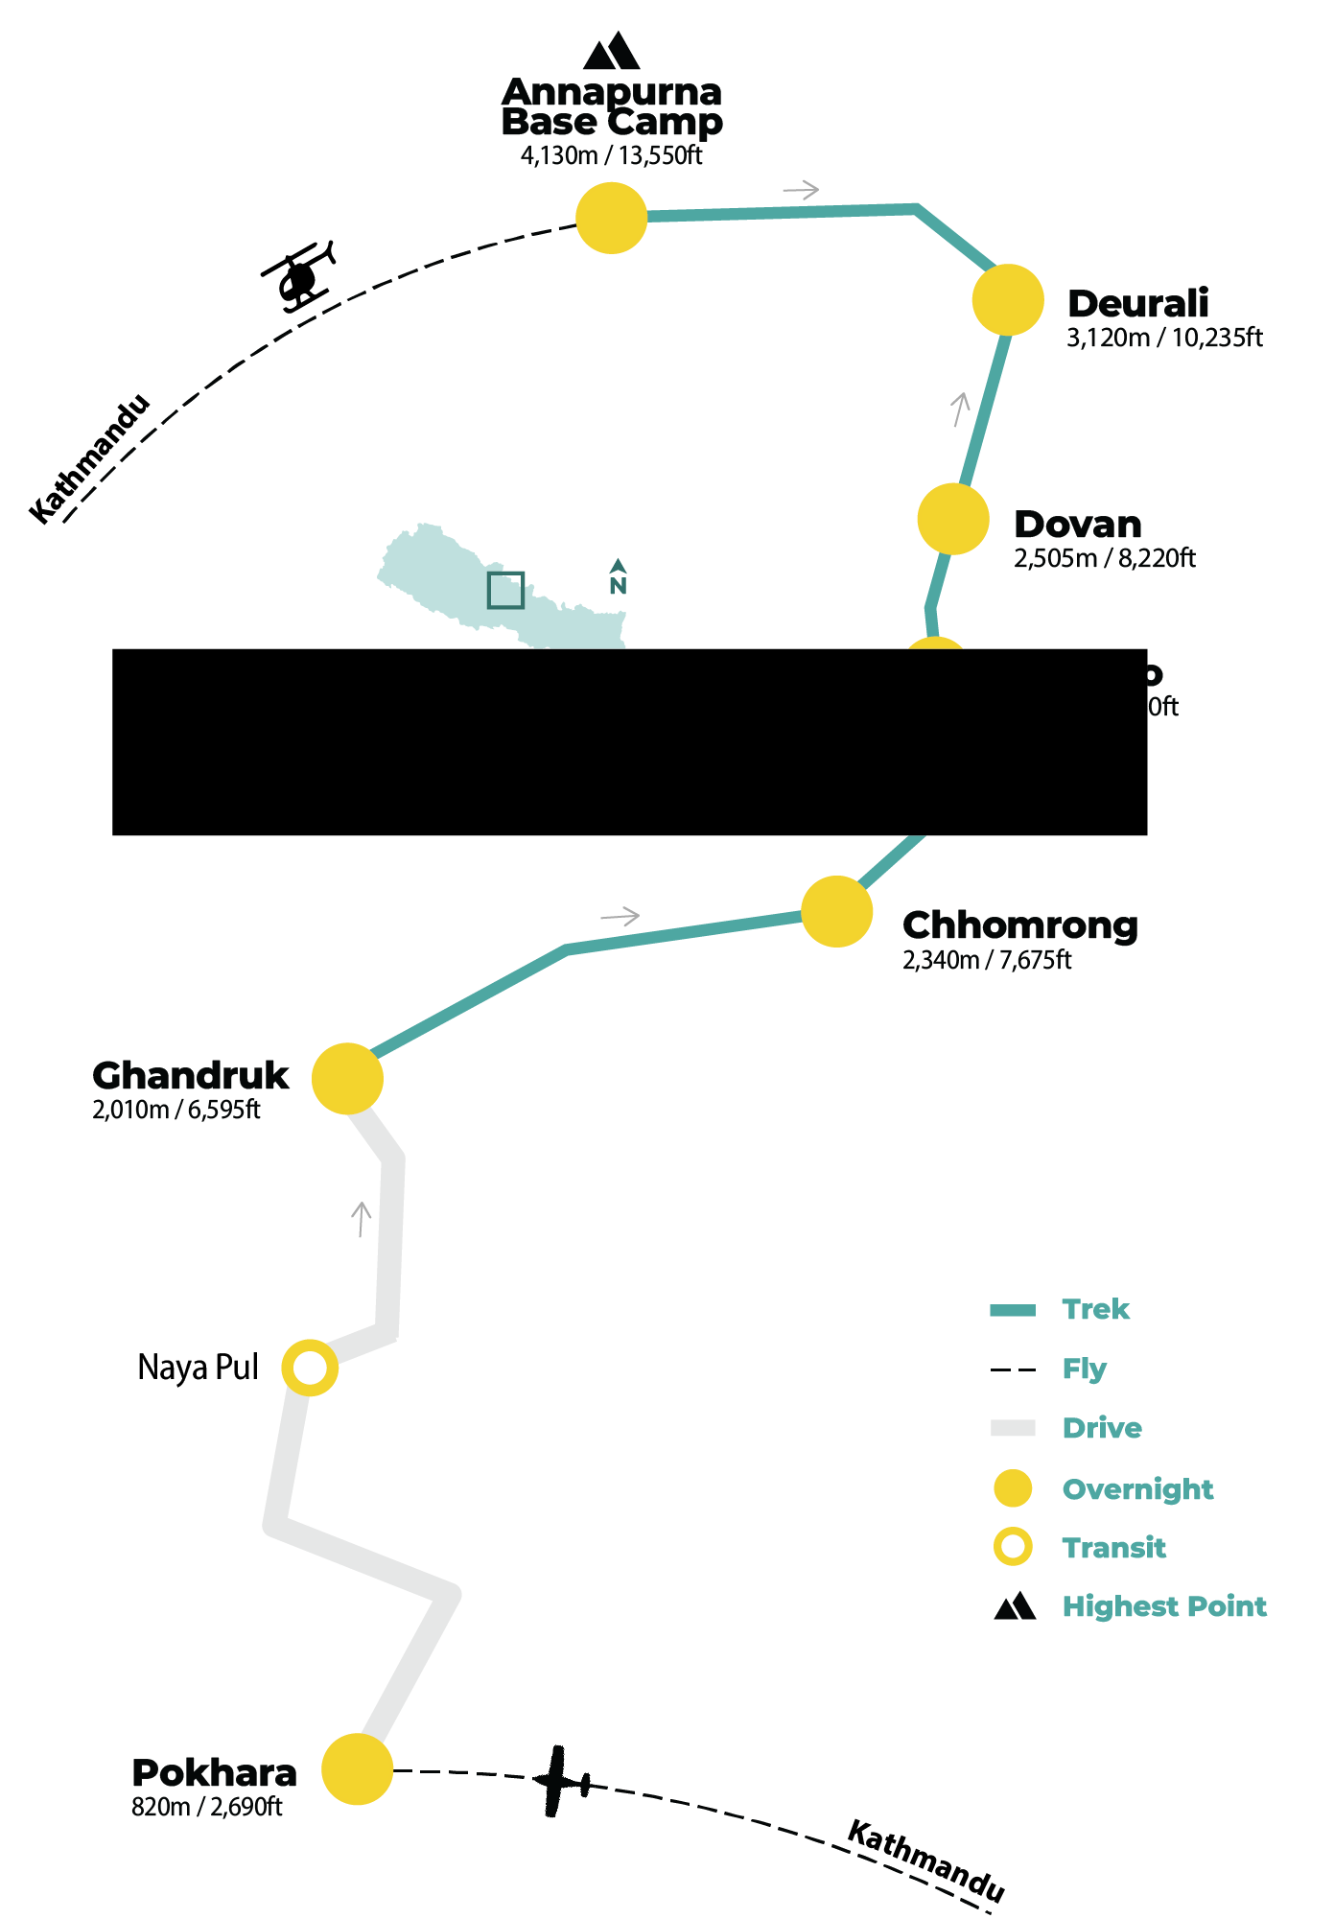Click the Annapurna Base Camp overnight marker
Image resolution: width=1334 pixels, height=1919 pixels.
pyautogui.click(x=612, y=218)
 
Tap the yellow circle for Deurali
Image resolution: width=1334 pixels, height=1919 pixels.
pyautogui.click(x=1008, y=300)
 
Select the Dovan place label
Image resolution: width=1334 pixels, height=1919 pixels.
pyautogui.click(x=1078, y=525)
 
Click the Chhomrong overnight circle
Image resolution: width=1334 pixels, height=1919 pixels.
pyautogui.click(x=836, y=911)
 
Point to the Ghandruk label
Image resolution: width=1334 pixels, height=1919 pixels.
pyautogui.click(x=190, y=1075)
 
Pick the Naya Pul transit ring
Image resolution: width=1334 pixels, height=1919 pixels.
pyautogui.click(x=310, y=1368)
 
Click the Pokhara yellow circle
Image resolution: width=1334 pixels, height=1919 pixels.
pyautogui.click(x=357, y=1769)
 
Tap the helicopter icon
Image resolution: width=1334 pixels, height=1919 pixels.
pyautogui.click(x=300, y=276)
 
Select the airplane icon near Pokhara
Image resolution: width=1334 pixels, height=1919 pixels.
pyautogui.click(x=561, y=1782)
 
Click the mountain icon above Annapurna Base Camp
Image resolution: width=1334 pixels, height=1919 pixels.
pyautogui.click(x=612, y=52)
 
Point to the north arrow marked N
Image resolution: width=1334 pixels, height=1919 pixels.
pyautogui.click(x=619, y=577)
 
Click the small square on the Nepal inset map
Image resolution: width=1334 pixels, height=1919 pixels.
pyautogui.click(x=505, y=590)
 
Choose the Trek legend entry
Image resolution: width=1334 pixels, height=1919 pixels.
pyautogui.click(x=1095, y=1310)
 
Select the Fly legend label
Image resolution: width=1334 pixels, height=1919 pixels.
pyautogui.click(x=1084, y=1369)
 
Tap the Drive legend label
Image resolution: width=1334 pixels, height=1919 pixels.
pyautogui.click(x=1102, y=1428)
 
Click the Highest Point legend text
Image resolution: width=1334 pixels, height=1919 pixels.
pyautogui.click(x=1164, y=1606)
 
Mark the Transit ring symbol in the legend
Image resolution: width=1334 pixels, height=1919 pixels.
pyautogui.click(x=1013, y=1547)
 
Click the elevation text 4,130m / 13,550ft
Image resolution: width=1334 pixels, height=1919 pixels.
pyautogui.click(x=611, y=155)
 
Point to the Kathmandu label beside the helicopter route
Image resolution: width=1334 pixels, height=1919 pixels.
pyautogui.click(x=90, y=458)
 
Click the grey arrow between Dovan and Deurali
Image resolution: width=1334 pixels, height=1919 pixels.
pyautogui.click(x=960, y=409)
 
